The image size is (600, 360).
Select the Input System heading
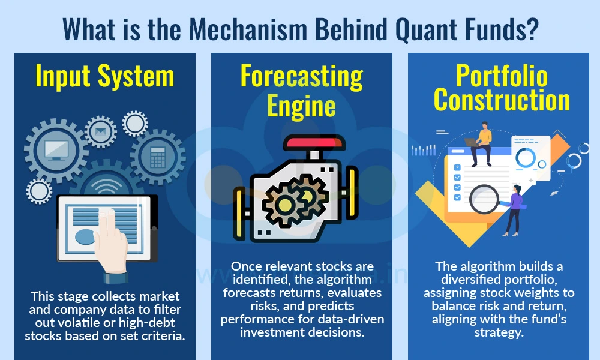(105, 77)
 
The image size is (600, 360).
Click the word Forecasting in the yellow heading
(302, 77)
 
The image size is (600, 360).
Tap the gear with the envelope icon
(100, 131)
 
